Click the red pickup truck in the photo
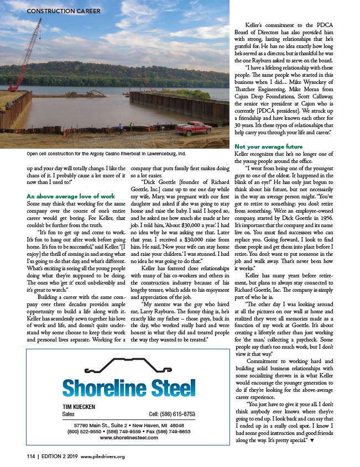[x=194, y=128]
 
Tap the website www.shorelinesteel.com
[x=128, y=437]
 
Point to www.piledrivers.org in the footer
[x=103, y=456]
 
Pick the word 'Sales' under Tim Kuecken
[x=69, y=413]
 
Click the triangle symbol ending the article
[x=314, y=439]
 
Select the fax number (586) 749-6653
[x=176, y=431]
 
